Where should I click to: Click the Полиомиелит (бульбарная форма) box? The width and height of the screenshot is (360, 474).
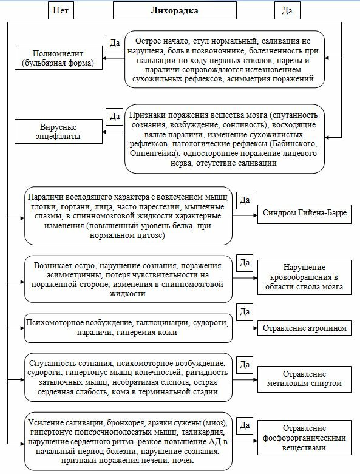pos(58,58)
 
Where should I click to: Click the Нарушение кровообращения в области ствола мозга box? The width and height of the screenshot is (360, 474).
pos(304,278)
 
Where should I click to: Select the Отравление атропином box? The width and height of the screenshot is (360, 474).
pos(304,328)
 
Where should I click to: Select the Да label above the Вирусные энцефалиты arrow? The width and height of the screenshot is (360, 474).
pos(114,115)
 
